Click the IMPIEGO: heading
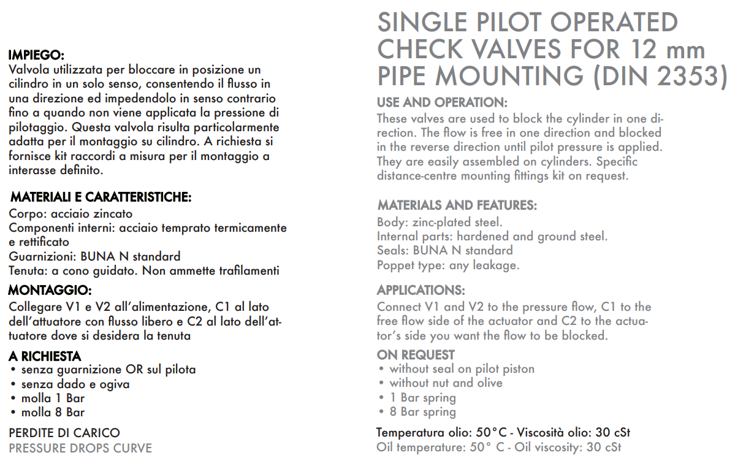36,56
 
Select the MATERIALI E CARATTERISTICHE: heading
101,197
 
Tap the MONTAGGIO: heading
50,289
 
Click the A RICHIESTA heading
45,356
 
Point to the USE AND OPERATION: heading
442,102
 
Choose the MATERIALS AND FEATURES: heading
457,205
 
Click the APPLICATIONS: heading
421,290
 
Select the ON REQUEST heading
416,354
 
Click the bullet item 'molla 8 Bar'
53,413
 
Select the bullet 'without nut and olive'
446,383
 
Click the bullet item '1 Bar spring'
422,397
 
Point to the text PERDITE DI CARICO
64,433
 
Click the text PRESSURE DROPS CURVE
80,448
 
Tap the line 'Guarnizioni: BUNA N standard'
94,256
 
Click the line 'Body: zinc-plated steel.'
440,222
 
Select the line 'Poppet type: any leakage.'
448,265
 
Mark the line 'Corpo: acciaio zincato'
70,214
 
